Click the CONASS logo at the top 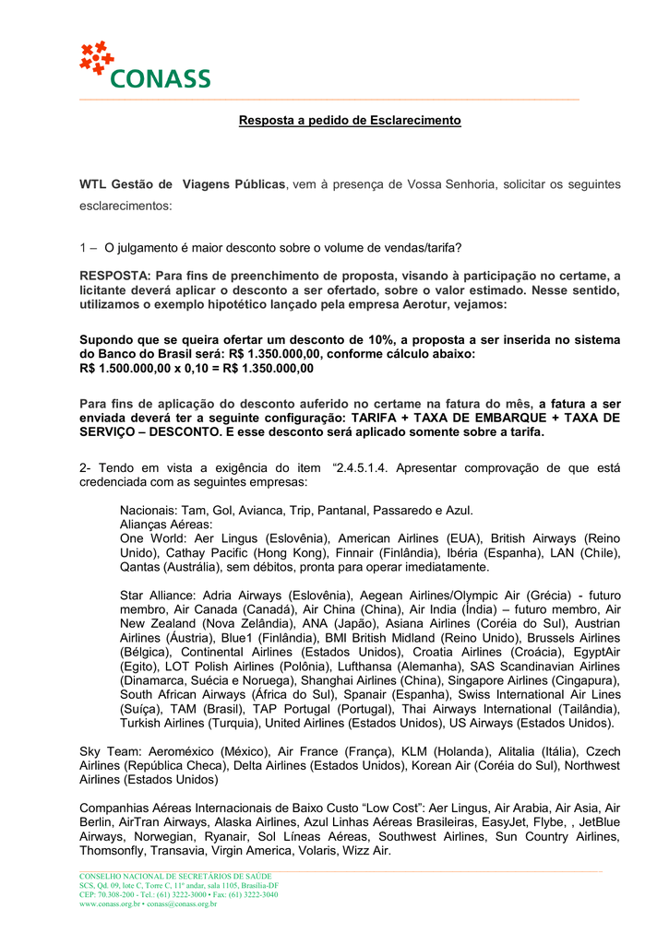(x=145, y=65)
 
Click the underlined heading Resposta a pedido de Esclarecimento (x=350, y=121)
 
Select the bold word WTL (x=95, y=184)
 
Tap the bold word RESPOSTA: (x=115, y=276)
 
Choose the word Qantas (x=140, y=567)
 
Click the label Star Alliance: (x=161, y=596)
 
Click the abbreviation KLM (x=379, y=751)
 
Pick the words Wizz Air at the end (x=366, y=851)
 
